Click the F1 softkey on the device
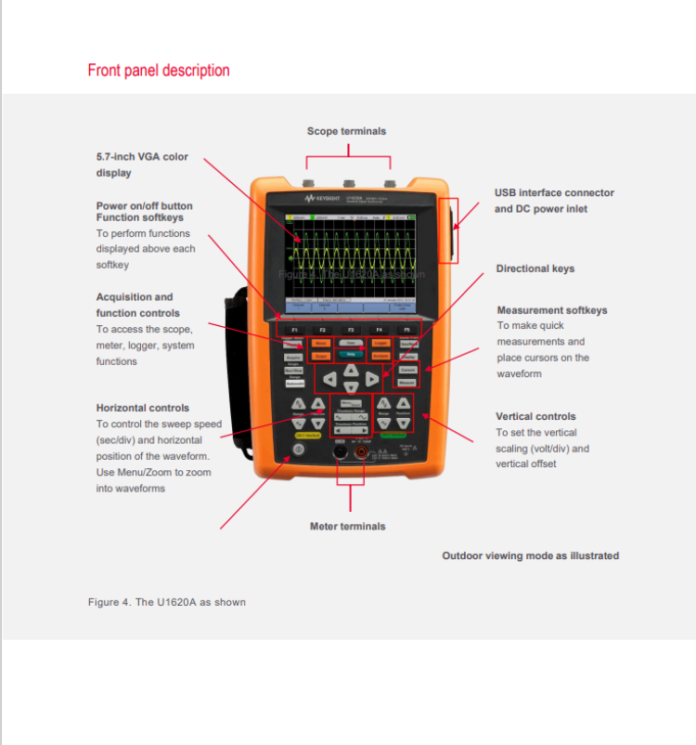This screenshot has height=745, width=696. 294,330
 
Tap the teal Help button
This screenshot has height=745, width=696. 351,355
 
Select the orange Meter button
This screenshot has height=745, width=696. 321,343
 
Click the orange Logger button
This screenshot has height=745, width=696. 380,343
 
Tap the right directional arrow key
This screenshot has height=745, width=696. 372,378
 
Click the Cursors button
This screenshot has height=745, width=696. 407,370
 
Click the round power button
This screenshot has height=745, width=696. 298,450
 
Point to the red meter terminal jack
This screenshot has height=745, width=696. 361,451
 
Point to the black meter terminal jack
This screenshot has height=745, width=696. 340,451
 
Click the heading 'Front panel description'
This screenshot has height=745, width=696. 159,71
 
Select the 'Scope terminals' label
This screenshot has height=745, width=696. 346,131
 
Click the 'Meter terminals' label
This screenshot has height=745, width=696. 348,527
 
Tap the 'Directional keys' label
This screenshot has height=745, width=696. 535,268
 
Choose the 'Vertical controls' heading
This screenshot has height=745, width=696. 535,416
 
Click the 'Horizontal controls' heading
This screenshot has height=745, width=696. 143,408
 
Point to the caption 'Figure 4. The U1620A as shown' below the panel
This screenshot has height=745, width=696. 167,602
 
